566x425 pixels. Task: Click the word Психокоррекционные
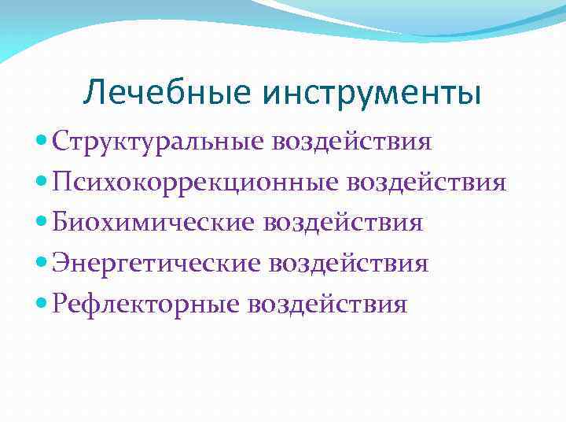tap(193, 183)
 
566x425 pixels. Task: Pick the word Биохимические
tap(154, 223)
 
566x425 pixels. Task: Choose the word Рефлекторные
tap(146, 303)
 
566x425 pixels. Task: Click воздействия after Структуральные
tap(352, 142)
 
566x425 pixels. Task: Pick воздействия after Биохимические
tap(344, 223)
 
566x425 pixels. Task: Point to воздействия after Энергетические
tap(348, 263)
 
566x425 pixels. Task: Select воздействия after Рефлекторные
tap(327, 303)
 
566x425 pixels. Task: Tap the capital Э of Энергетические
tap(61, 263)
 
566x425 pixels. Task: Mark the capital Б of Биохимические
tap(61, 223)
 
